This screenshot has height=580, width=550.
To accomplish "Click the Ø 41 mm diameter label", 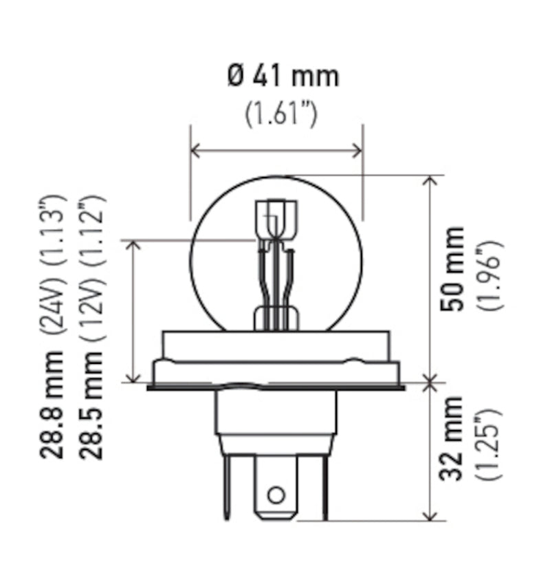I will pos(283,75).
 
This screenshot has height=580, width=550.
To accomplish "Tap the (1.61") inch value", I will pos(282,114).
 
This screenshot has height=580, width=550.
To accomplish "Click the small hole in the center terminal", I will pos(276,494).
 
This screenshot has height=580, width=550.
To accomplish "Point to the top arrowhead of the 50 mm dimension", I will pos(430,180).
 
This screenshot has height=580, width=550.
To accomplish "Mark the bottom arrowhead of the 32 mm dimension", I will pos(430,515).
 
